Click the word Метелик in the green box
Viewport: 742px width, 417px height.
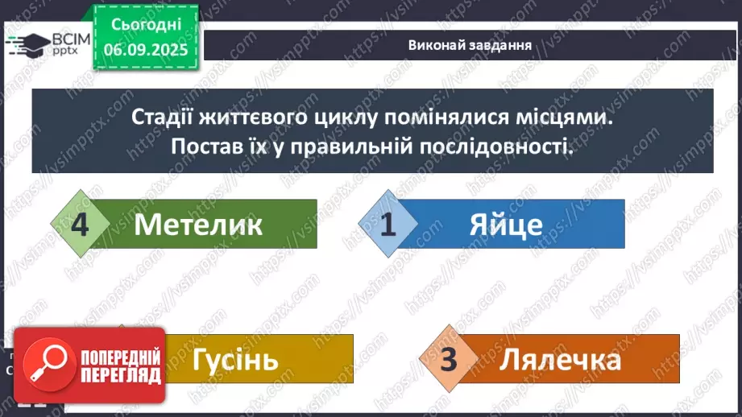pos(198,225)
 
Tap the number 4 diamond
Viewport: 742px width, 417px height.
pos(79,224)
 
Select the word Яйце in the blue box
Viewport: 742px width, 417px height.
pos(505,225)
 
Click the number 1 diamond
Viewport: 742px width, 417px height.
pos(388,224)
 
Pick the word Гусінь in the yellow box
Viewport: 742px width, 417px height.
pos(235,359)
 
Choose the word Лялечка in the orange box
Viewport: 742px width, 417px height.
pos(560,359)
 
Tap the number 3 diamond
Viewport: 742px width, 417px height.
pos(449,359)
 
